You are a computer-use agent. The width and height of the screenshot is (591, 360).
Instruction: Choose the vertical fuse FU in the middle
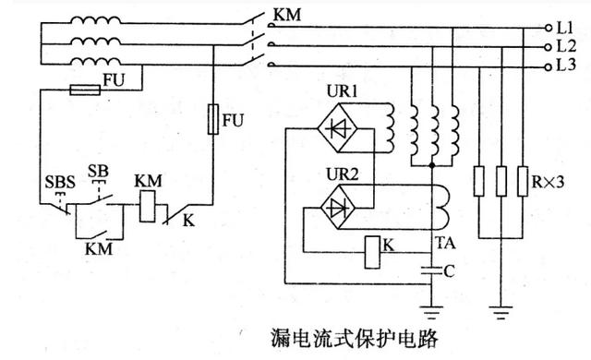point(215,119)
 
